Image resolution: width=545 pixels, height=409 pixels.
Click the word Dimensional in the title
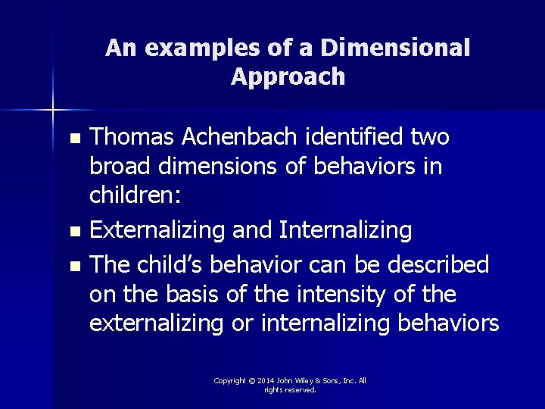pos(396,48)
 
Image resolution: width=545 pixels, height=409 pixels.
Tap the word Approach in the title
pos(288,76)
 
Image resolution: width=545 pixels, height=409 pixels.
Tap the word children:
pos(135,195)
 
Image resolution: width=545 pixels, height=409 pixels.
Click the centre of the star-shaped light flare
pos(52,111)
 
